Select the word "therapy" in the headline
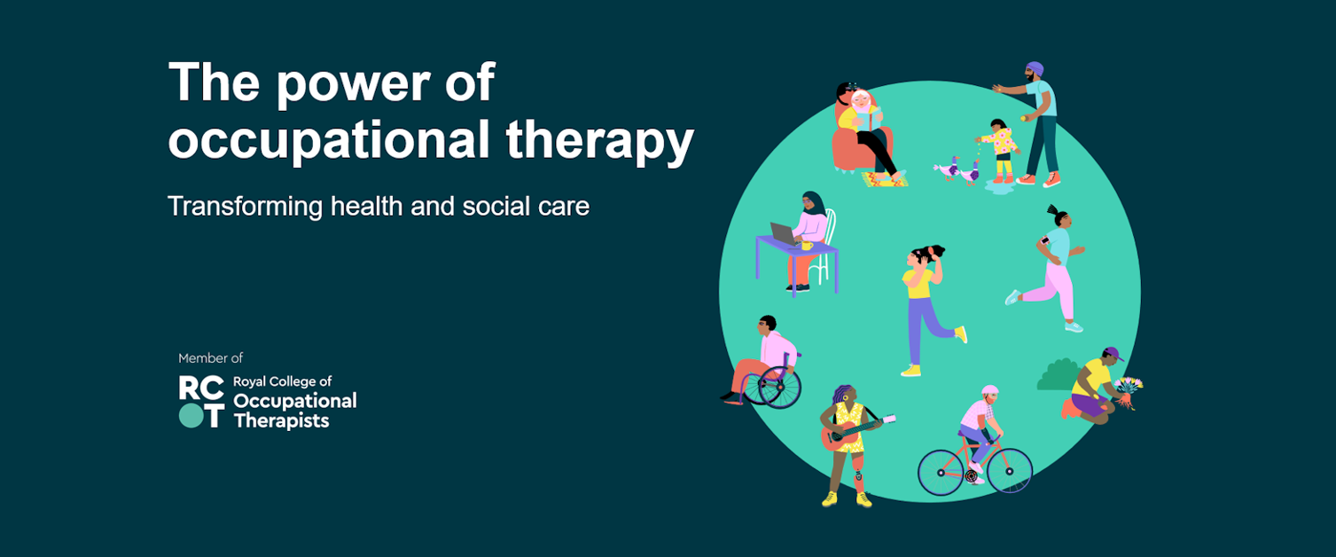pos(600,142)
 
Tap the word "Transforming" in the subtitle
pos(246,208)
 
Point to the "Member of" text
pos(210,358)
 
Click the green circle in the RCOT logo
pos(191,415)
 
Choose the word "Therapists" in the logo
pos(282,421)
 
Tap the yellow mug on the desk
pos(807,246)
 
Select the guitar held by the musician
pos(856,431)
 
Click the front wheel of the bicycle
pos(1009,471)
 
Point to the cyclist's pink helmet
pos(990,390)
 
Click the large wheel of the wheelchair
pos(780,388)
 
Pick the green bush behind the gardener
pos(1059,375)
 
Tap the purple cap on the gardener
pos(1113,353)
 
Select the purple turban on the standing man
pos(1035,68)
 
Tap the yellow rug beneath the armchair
pos(885,179)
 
